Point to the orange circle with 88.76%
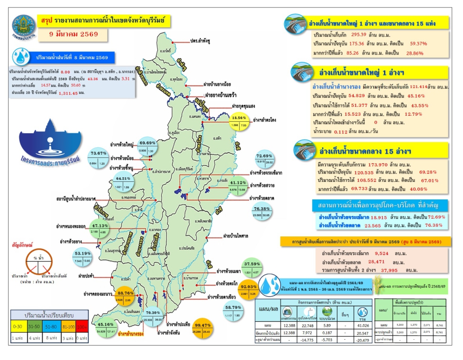[125, 297]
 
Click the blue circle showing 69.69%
[150, 147]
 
